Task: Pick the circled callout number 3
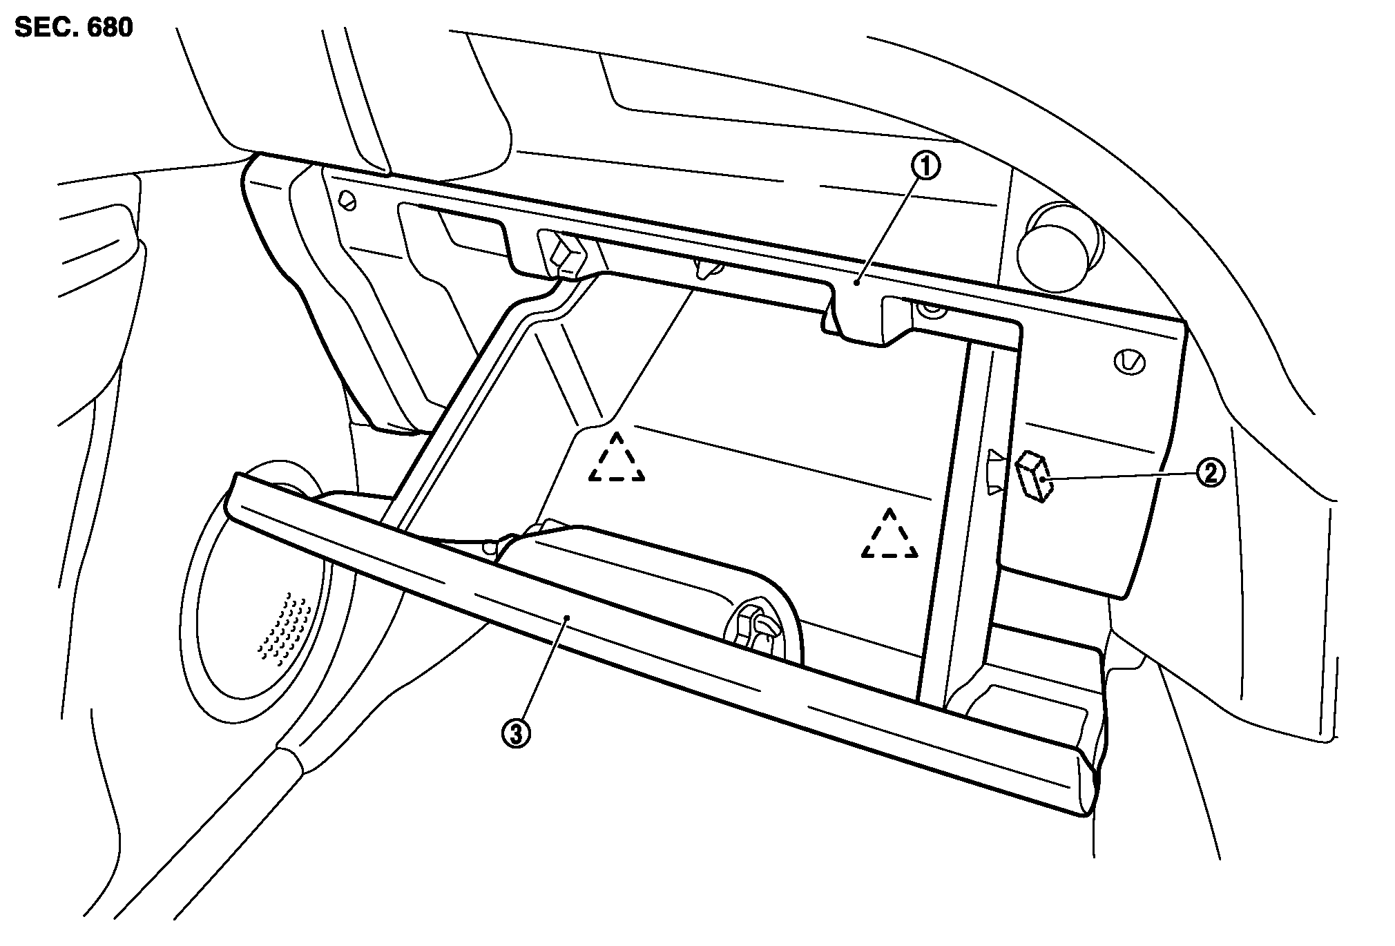(x=515, y=735)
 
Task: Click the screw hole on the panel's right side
(x=1130, y=362)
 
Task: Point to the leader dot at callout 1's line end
(x=856, y=282)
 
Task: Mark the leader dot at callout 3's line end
(x=566, y=619)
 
